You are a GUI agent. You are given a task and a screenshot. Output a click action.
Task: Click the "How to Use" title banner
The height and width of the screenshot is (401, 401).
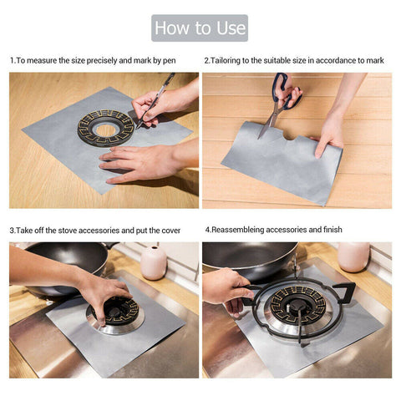pyautogui.click(x=200, y=28)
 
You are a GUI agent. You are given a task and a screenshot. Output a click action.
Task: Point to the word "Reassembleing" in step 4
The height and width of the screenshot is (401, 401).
pyautogui.click(x=242, y=229)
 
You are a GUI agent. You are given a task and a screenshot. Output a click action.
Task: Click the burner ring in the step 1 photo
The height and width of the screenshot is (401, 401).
pyautogui.click(x=105, y=128)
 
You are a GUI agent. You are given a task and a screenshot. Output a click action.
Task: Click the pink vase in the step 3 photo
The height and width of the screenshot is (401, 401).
pyautogui.click(x=153, y=262)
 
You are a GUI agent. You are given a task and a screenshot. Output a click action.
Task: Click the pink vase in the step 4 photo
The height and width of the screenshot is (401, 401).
pyautogui.click(x=353, y=256)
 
